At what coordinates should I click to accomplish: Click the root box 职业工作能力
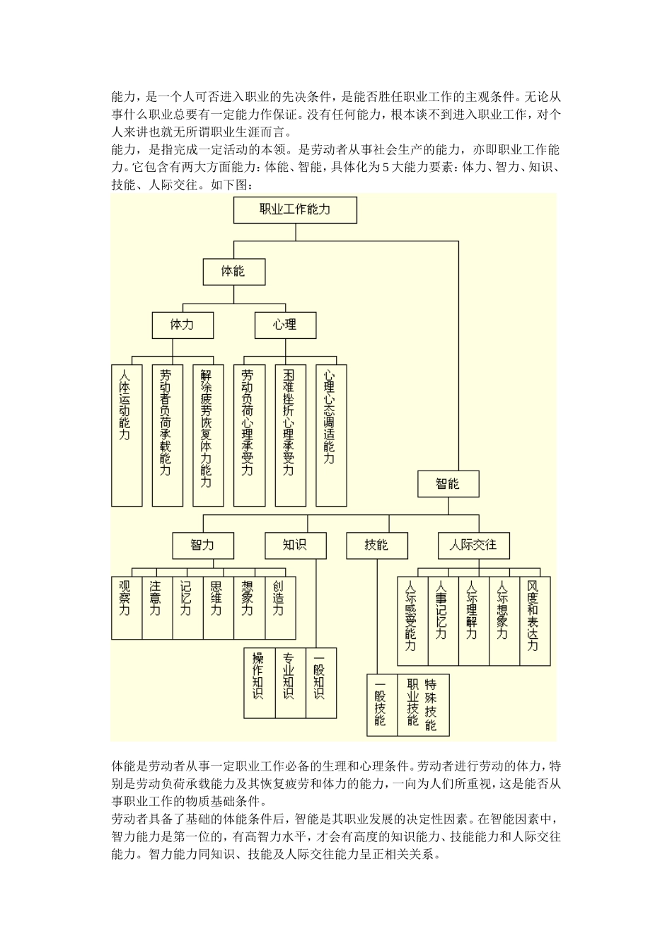[295, 209]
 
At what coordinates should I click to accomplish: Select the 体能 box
[233, 271]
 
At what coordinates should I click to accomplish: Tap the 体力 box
[182, 325]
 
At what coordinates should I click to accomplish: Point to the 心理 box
[285, 325]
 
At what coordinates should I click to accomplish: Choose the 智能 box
[448, 484]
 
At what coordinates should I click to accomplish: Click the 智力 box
[202, 545]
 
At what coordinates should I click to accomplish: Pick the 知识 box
[295, 545]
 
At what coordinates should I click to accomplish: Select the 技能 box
[376, 545]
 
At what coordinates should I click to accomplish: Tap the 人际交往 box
[473, 545]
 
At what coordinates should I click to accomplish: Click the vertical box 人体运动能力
[127, 434]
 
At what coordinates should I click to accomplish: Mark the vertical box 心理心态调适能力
[330, 434]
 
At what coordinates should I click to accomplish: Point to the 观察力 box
[126, 607]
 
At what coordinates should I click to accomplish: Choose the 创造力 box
[279, 607]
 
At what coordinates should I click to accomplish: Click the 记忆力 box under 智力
[187, 607]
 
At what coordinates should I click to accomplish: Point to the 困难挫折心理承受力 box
[289, 434]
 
